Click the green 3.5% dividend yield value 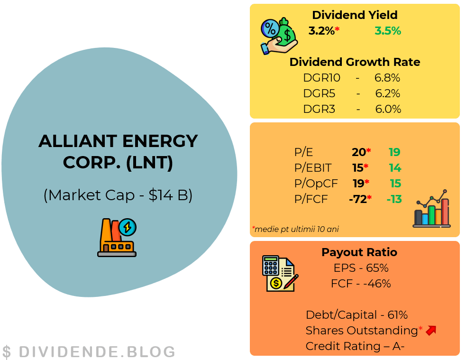point(388,31)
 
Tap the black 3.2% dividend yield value point(321,31)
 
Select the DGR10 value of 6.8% point(387,78)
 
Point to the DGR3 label point(319,109)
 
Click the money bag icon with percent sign point(279,36)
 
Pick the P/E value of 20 point(359,152)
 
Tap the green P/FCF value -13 point(394,199)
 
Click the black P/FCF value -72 point(358,199)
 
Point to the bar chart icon point(432,208)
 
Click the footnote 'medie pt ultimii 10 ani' point(296,229)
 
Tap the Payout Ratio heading point(359,252)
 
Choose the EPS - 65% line point(361,268)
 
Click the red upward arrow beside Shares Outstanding point(431,330)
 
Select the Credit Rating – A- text point(355,346)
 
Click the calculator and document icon point(280,273)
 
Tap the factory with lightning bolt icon point(117,238)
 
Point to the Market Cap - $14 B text point(118,195)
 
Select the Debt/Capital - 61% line point(357,315)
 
